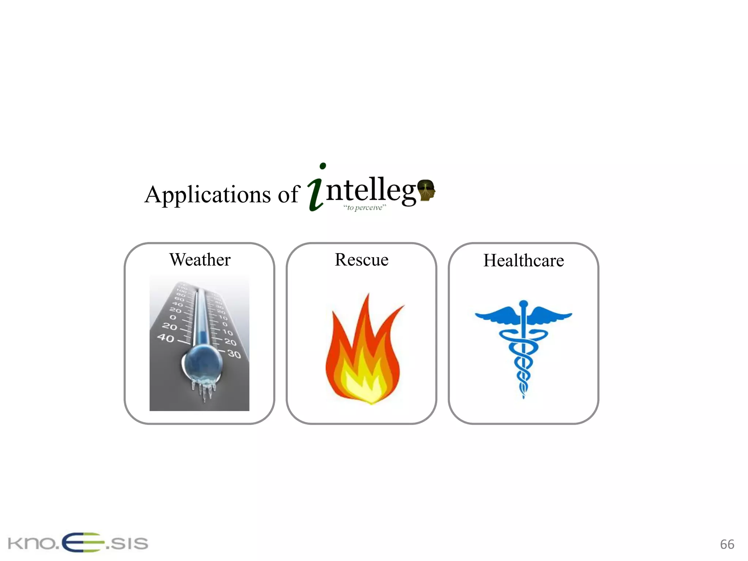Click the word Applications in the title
tap(207, 194)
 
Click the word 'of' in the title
tap(289, 194)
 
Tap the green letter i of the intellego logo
tap(316, 190)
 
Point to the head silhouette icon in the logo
tap(426, 190)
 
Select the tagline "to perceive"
tap(365, 208)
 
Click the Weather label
tap(200, 260)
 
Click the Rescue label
tap(362, 260)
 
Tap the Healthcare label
tap(523, 260)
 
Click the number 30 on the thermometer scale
tap(234, 354)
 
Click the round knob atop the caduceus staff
tap(524, 304)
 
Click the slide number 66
tap(727, 544)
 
